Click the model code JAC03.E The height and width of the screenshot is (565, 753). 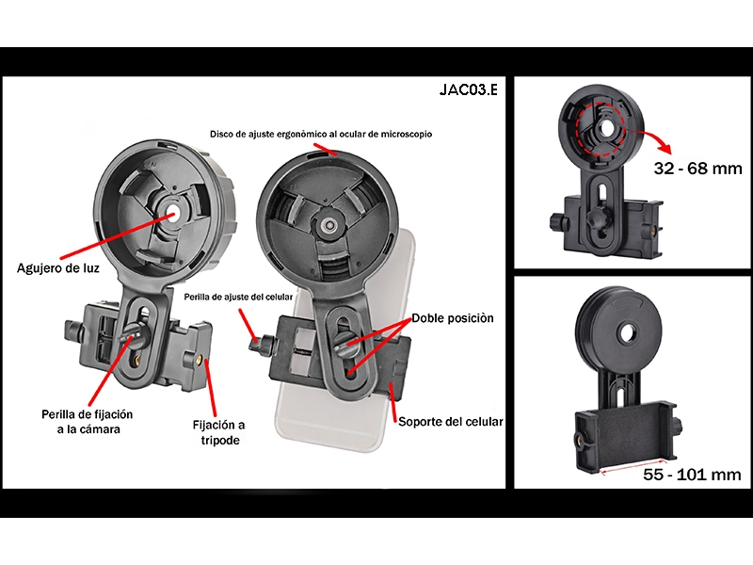tap(468, 89)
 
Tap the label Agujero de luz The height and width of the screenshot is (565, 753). tap(58, 268)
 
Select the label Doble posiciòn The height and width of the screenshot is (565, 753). tap(453, 318)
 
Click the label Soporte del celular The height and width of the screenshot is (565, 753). tap(451, 422)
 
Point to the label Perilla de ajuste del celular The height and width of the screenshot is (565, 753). tap(238, 297)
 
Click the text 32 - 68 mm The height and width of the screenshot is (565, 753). tap(697, 169)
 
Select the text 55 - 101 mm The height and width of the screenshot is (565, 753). tap(692, 475)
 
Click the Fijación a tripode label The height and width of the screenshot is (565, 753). tap(219, 432)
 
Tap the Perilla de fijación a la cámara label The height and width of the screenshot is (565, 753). tap(88, 422)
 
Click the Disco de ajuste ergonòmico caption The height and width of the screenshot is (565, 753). tap(321, 134)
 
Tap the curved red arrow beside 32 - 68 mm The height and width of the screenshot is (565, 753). tap(654, 137)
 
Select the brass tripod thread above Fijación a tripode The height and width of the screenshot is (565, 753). tap(200, 357)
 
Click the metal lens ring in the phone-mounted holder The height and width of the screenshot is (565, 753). tap(329, 224)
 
